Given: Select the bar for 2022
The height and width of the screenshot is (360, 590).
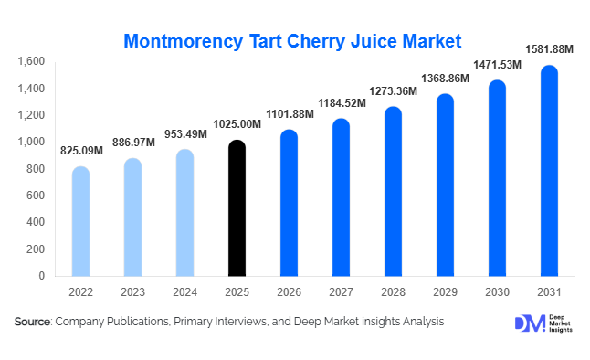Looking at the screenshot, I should (x=80, y=221).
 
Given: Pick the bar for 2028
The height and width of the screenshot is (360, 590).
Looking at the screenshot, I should (x=393, y=191).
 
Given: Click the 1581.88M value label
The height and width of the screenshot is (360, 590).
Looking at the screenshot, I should (x=548, y=49).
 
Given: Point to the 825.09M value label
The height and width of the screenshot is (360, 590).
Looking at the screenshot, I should (x=81, y=150).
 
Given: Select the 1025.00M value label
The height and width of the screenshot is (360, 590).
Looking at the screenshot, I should (x=237, y=123).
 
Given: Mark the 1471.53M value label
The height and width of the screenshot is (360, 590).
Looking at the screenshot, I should (x=497, y=64).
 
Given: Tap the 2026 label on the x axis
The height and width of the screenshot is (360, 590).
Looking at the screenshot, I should (x=289, y=293).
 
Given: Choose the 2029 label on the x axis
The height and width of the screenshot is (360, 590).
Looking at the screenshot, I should (x=445, y=293).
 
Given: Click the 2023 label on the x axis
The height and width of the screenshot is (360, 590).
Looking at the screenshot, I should (x=132, y=293).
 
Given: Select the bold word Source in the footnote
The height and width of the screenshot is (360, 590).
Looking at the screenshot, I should (x=33, y=322).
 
